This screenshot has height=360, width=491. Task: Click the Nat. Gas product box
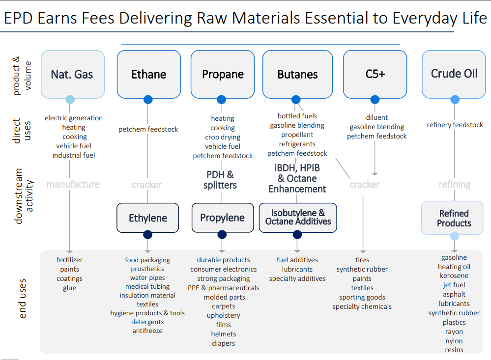[73, 74]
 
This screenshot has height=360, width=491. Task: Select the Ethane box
[149, 74]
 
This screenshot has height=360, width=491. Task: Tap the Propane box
[223, 74]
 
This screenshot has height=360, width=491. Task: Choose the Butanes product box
[297, 74]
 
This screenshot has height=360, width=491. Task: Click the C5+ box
[375, 74]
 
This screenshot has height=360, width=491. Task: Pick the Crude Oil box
[454, 74]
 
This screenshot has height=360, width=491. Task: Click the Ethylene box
[148, 218]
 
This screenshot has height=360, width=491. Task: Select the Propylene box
[223, 218]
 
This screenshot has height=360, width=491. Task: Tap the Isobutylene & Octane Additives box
[298, 218]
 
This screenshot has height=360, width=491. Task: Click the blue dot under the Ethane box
[148, 100]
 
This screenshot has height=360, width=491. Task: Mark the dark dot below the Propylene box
[222, 234]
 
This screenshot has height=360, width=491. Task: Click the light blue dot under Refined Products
[454, 236]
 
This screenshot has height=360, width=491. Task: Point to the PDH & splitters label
[220, 180]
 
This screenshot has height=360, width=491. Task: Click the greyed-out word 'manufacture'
[73, 184]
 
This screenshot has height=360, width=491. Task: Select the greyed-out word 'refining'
[455, 185]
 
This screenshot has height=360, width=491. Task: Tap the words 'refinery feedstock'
[455, 125]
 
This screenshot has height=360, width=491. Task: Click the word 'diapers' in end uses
[223, 343]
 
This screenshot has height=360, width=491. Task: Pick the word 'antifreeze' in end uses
[147, 331]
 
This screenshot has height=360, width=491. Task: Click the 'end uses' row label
[23, 299]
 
